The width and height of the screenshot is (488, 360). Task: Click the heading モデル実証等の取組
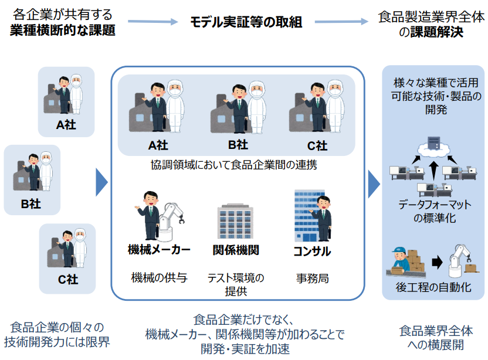tap(246, 23)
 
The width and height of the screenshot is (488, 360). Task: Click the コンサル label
tap(311, 252)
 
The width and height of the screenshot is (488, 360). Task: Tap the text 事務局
tap(312, 279)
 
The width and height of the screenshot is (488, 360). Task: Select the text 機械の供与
tap(159, 278)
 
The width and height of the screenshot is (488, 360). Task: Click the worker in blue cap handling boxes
tap(401, 260)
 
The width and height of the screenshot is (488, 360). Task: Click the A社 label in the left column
tap(66, 124)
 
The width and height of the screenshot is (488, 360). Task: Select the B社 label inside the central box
tap(237, 144)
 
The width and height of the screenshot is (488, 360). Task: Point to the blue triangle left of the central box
tap(101, 182)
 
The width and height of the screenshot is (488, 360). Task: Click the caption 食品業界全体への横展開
tap(435, 338)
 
